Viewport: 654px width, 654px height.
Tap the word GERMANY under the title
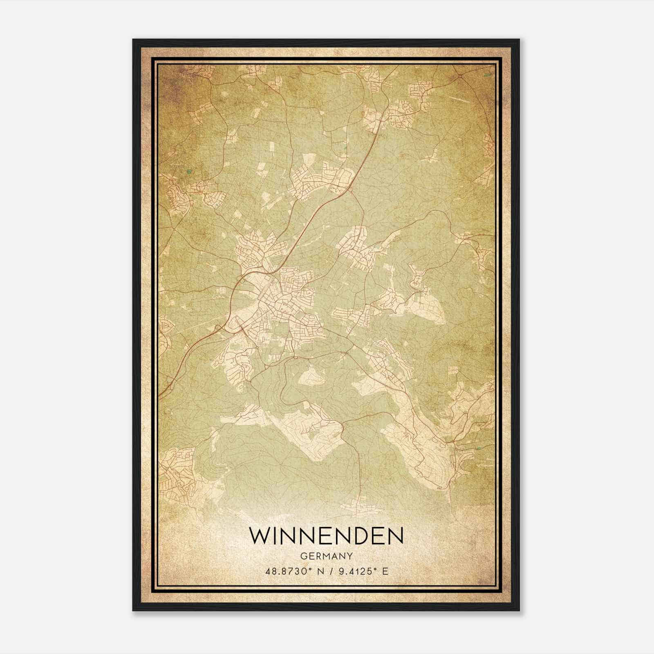pyautogui.click(x=326, y=556)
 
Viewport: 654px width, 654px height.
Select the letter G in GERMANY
pyautogui.click(x=303, y=556)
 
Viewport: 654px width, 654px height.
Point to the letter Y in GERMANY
pyautogui.click(x=350, y=556)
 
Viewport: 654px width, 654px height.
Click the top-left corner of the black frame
pyautogui.click(x=133, y=40)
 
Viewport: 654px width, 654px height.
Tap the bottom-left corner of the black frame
pyautogui.click(x=133, y=610)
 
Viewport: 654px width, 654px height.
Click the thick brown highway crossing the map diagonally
pyautogui.click(x=315, y=213)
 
